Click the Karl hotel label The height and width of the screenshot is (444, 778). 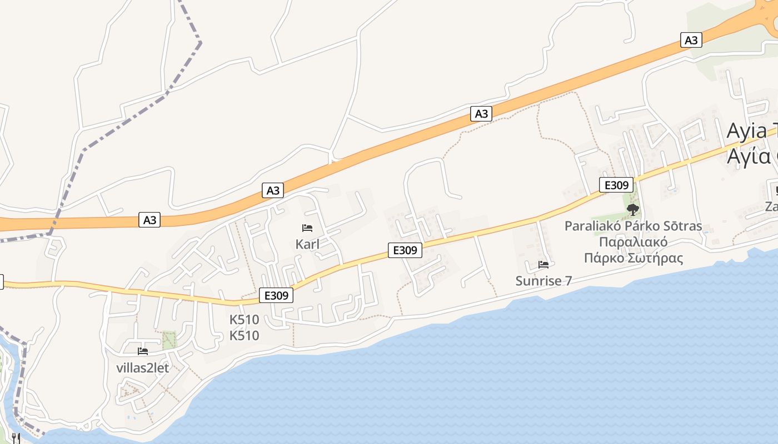click(x=307, y=244)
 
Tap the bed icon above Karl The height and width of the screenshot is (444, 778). click(x=307, y=228)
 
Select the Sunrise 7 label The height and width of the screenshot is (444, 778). click(x=543, y=281)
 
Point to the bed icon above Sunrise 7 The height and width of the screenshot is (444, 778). click(x=543, y=265)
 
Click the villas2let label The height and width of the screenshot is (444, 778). click(x=143, y=367)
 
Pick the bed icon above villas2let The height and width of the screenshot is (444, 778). click(x=143, y=351)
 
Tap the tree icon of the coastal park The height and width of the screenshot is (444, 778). click(x=632, y=209)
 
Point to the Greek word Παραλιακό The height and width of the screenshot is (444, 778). click(x=633, y=243)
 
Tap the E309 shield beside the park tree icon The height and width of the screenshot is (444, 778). click(x=616, y=185)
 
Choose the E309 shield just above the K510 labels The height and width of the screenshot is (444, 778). click(x=276, y=296)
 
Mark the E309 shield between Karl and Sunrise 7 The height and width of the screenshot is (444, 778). click(x=405, y=250)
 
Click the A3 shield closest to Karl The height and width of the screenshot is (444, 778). click(x=273, y=190)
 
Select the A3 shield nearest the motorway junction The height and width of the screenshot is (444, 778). click(x=691, y=40)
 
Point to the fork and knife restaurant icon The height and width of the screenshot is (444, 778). click(x=16, y=438)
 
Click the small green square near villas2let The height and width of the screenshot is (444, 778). click(x=169, y=340)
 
